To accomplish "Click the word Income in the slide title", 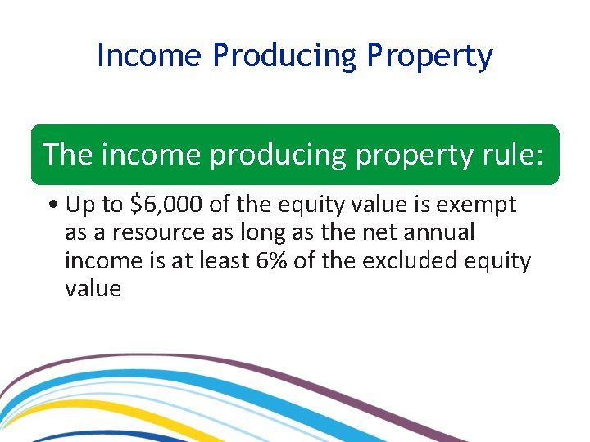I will pos(148,56).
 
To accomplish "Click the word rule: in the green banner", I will pos(512,154).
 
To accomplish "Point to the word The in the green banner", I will pos(68,154).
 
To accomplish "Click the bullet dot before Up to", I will pos(52,205).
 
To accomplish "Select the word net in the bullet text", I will pos(368,232).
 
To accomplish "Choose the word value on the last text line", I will pos(93,289).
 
